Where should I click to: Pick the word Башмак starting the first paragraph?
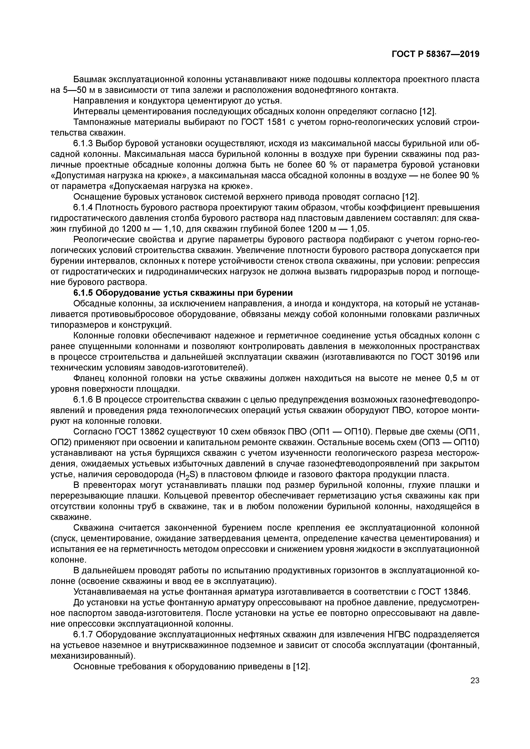point(89,80)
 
